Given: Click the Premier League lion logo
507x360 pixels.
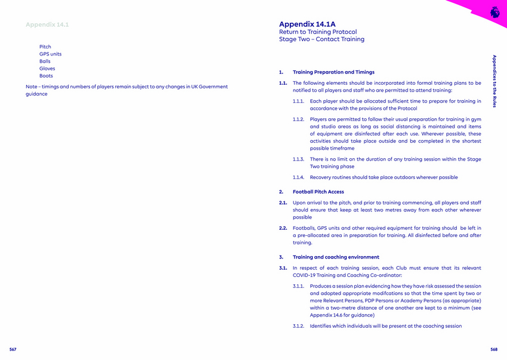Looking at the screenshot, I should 494,11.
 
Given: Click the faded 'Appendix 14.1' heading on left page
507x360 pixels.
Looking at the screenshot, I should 47,24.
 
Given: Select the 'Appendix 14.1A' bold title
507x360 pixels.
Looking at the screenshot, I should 307,24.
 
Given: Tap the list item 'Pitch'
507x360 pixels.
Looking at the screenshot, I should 45,47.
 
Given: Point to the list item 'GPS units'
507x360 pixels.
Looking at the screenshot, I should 50,54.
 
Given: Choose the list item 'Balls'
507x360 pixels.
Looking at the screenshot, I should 45,61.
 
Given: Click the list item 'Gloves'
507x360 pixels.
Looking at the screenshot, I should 47,69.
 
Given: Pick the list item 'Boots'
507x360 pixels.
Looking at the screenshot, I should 46,76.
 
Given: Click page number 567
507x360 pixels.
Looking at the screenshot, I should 13,349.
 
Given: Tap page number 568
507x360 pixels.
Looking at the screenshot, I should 494,349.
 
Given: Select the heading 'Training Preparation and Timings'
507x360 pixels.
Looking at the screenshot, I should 333,72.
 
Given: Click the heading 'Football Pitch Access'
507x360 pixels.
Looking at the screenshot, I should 318,192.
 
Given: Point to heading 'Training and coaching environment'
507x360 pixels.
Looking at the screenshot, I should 336,257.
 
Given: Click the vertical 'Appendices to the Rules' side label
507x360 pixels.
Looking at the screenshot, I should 494,81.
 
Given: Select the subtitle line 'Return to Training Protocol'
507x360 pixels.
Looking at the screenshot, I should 318,32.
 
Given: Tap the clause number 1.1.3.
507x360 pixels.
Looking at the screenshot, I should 299,159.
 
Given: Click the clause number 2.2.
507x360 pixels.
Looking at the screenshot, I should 284,228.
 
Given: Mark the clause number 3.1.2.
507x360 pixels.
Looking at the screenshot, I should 299,326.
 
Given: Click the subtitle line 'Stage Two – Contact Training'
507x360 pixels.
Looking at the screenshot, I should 321,39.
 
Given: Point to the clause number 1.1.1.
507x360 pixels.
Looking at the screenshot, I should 299,101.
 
